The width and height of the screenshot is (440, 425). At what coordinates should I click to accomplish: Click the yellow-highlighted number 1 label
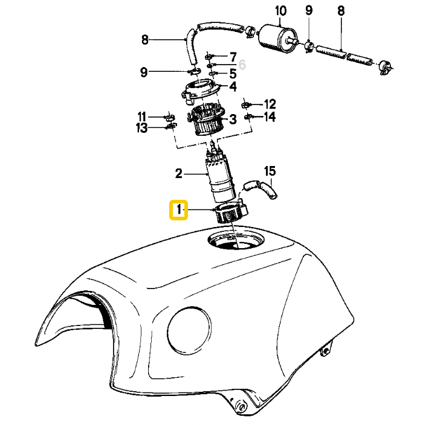(x=178, y=209)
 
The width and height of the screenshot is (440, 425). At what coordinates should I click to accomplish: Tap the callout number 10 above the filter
(x=280, y=11)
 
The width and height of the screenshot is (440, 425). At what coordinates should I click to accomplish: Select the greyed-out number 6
(x=242, y=65)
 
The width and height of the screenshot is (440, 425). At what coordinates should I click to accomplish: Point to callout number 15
(x=270, y=171)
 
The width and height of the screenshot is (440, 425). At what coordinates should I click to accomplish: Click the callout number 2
(x=179, y=173)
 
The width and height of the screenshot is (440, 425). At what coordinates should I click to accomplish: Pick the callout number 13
(x=141, y=128)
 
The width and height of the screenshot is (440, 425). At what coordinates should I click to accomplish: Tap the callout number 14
(x=270, y=117)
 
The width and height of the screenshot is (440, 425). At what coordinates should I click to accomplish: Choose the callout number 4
(x=233, y=86)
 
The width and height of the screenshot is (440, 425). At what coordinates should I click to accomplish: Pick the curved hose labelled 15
(x=260, y=189)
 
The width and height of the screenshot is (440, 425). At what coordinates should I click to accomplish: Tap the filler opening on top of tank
(x=236, y=240)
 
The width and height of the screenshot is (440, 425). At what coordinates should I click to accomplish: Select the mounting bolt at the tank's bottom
(x=241, y=406)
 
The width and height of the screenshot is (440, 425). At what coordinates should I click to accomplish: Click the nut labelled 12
(x=246, y=105)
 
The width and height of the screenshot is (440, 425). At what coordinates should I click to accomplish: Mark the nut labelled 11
(x=170, y=117)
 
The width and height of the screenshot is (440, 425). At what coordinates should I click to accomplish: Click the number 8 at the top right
(x=341, y=11)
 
